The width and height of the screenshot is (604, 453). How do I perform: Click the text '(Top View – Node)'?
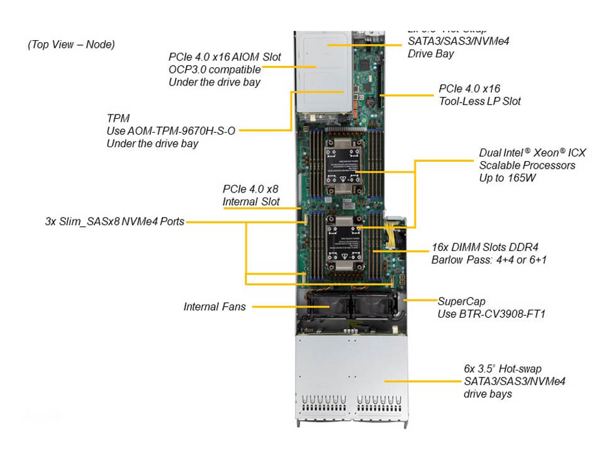pos(71,45)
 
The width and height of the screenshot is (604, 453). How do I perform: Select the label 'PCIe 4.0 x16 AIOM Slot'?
pos(225,57)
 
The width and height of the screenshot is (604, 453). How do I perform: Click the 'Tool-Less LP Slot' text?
pos(480,101)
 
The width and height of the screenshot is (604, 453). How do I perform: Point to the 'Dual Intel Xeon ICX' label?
pos(532,153)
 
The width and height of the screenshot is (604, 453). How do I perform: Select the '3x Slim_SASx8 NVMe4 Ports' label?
pos(115,221)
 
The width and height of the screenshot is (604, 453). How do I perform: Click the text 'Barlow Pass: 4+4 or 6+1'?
pos(489,259)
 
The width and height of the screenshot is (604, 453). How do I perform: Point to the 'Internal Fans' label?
pos(215,307)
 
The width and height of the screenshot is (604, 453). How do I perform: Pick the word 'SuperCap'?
pos(461,301)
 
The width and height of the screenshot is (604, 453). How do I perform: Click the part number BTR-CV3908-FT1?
pos(491,313)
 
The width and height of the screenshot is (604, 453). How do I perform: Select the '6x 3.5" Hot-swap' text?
pos(502,368)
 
